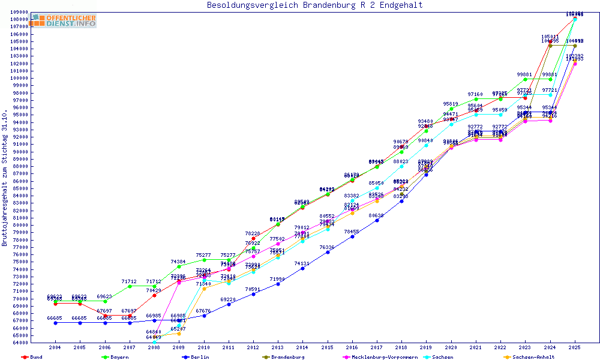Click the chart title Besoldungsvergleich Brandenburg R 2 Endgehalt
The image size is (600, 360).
[x=314, y=5]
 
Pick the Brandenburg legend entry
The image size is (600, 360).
[x=287, y=357]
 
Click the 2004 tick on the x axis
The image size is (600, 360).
[x=55, y=347]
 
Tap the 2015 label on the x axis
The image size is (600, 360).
[x=328, y=347]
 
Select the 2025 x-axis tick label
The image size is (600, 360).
[x=575, y=347]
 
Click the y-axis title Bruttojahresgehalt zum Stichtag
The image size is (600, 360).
[x=5, y=178]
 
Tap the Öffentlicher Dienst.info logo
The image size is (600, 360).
[x=64, y=20]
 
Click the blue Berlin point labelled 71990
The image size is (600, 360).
[x=278, y=284]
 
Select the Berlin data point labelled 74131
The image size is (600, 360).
[x=302, y=268]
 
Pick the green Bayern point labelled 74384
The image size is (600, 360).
[x=179, y=266]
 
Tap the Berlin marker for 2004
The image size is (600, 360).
[x=55, y=323]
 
